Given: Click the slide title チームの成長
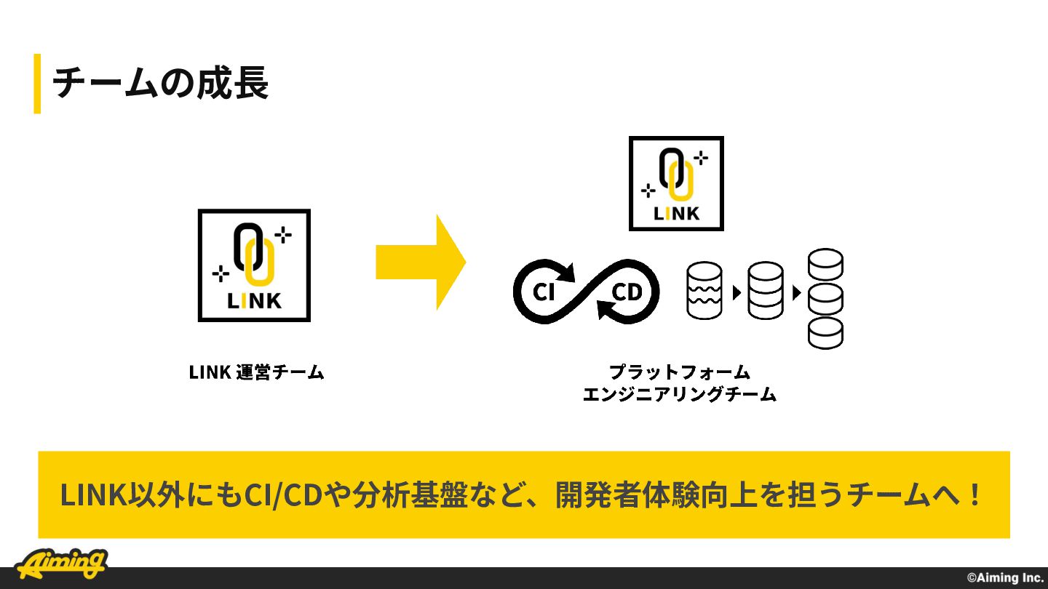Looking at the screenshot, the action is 160,83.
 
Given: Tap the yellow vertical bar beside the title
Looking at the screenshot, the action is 37,84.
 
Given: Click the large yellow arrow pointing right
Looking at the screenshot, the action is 421,263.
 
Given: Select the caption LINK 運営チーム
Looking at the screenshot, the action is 256,372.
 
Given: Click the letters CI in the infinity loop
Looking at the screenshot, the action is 544,292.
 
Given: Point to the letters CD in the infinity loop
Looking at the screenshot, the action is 627,292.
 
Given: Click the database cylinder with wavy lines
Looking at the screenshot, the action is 704,290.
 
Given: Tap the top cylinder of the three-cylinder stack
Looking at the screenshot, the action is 826,265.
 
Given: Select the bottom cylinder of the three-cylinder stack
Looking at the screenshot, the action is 826,333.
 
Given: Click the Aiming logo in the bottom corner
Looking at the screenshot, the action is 61,564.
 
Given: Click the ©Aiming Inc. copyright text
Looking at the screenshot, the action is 1005,578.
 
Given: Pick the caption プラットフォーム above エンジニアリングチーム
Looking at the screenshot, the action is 680,372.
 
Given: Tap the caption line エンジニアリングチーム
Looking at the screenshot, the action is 679,394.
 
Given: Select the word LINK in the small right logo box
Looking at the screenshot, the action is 676,214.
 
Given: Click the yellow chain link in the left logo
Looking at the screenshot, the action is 260,262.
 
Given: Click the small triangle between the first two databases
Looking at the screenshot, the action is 737,293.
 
